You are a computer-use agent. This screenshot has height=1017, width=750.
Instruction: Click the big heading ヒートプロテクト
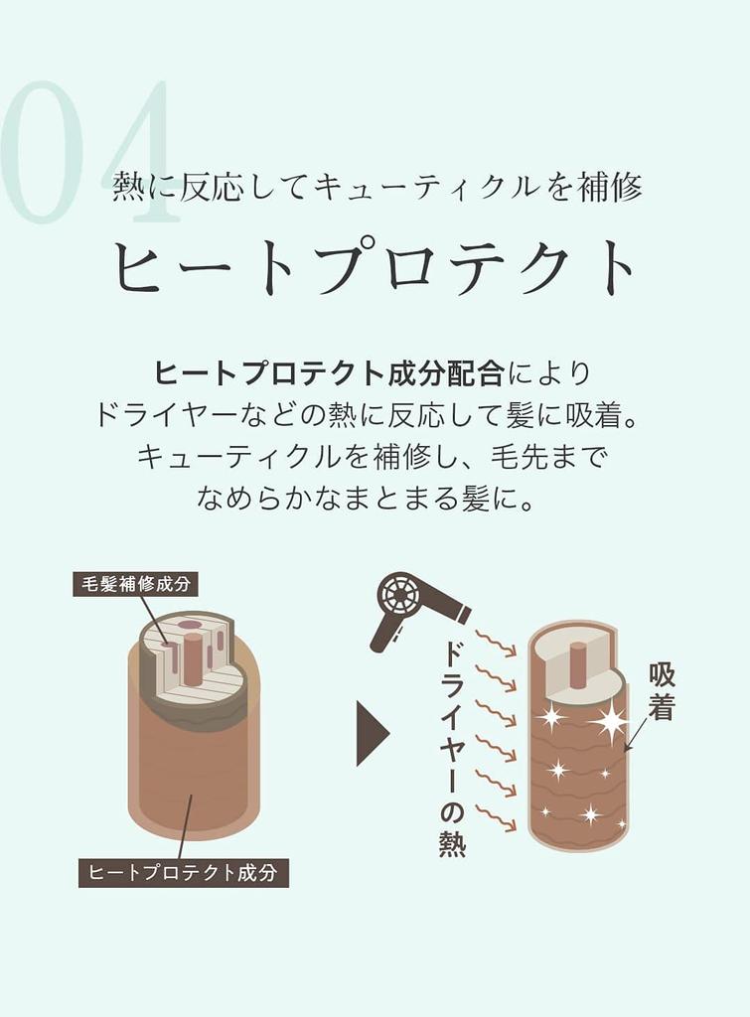375,266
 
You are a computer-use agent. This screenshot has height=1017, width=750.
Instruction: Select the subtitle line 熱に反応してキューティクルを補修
376,186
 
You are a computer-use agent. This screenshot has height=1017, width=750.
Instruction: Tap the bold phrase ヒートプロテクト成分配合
329,373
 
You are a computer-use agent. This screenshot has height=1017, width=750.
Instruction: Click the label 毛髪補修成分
135,583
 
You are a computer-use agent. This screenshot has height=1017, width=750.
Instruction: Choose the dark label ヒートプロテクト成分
183,873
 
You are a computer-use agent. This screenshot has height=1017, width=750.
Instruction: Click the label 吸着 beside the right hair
662,691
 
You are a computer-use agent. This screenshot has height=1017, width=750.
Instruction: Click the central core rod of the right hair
577,663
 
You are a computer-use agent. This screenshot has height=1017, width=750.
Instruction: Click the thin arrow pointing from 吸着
636,733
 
